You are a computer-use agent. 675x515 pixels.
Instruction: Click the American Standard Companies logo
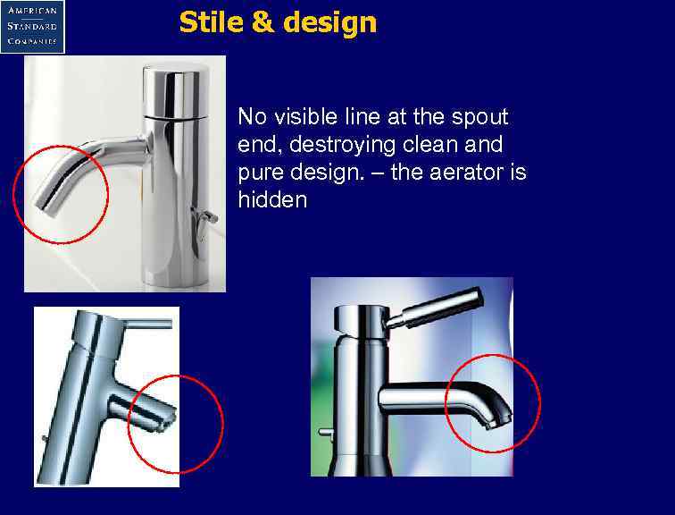coord(33,26)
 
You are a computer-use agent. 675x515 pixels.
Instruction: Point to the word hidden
coord(272,199)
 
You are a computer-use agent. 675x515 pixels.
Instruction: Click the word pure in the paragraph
coord(260,173)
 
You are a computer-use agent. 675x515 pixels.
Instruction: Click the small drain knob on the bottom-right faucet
coord(326,435)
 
